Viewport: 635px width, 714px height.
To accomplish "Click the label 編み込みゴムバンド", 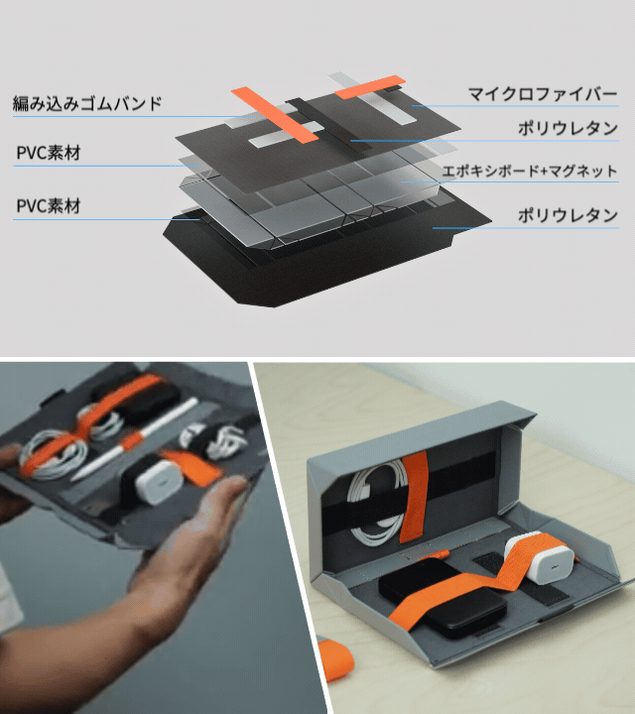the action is (87, 104).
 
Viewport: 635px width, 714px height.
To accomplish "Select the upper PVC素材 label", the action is (49, 153).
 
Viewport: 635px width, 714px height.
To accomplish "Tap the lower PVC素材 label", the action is (49, 206).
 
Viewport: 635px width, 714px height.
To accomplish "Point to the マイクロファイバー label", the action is (543, 94).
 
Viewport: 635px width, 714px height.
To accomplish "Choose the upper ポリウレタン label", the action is (568, 129).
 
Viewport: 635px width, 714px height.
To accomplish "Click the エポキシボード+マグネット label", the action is (530, 172).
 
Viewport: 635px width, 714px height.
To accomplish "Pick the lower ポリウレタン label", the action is (568, 215).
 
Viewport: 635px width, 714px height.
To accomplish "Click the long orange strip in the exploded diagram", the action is (274, 114).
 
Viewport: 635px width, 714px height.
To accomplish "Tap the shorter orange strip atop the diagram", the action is (370, 87).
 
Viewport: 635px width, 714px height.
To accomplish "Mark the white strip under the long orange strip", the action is (286, 134).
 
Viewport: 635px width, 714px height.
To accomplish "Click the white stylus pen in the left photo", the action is (134, 439).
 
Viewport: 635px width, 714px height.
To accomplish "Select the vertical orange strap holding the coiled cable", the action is (414, 497).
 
